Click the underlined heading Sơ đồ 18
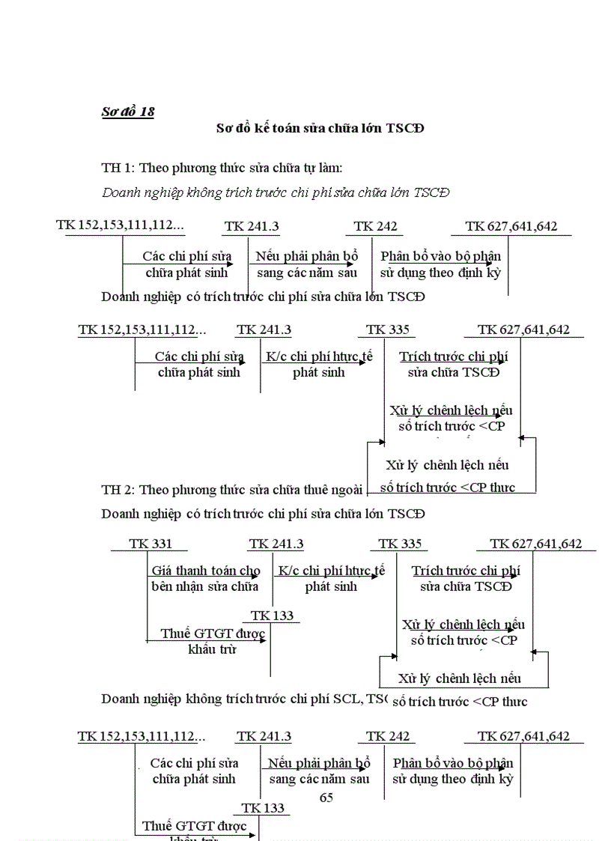click(x=128, y=112)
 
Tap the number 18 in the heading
click(x=147, y=112)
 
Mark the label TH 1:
click(x=118, y=168)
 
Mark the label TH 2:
click(x=118, y=490)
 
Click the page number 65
click(x=326, y=798)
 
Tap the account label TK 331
click(x=150, y=544)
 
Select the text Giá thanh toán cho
click(x=206, y=571)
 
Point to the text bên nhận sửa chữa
click(x=204, y=586)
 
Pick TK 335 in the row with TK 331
click(x=400, y=544)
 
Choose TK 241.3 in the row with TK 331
click(x=276, y=544)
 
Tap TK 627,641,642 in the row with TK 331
click(x=535, y=544)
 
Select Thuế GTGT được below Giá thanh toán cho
click(x=213, y=634)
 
